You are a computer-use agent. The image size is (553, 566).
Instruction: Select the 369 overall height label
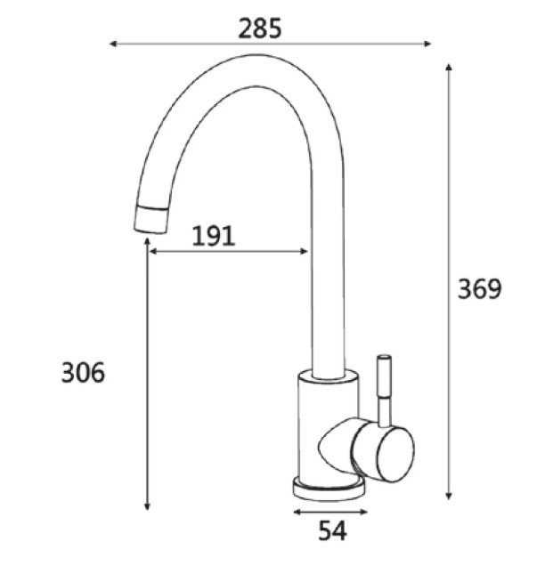point(480,289)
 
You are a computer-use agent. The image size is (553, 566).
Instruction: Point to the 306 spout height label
point(83,373)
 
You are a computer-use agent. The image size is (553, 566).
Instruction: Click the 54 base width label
point(331,531)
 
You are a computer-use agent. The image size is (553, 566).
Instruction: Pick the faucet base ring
point(328,489)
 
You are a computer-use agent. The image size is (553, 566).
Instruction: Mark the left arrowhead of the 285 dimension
point(112,43)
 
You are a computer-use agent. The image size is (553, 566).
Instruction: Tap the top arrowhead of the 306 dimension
point(147,241)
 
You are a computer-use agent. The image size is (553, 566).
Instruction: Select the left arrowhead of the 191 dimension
point(153,252)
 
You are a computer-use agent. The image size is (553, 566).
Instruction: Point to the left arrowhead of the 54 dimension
point(296,512)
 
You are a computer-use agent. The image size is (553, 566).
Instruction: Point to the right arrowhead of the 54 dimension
point(362,512)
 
